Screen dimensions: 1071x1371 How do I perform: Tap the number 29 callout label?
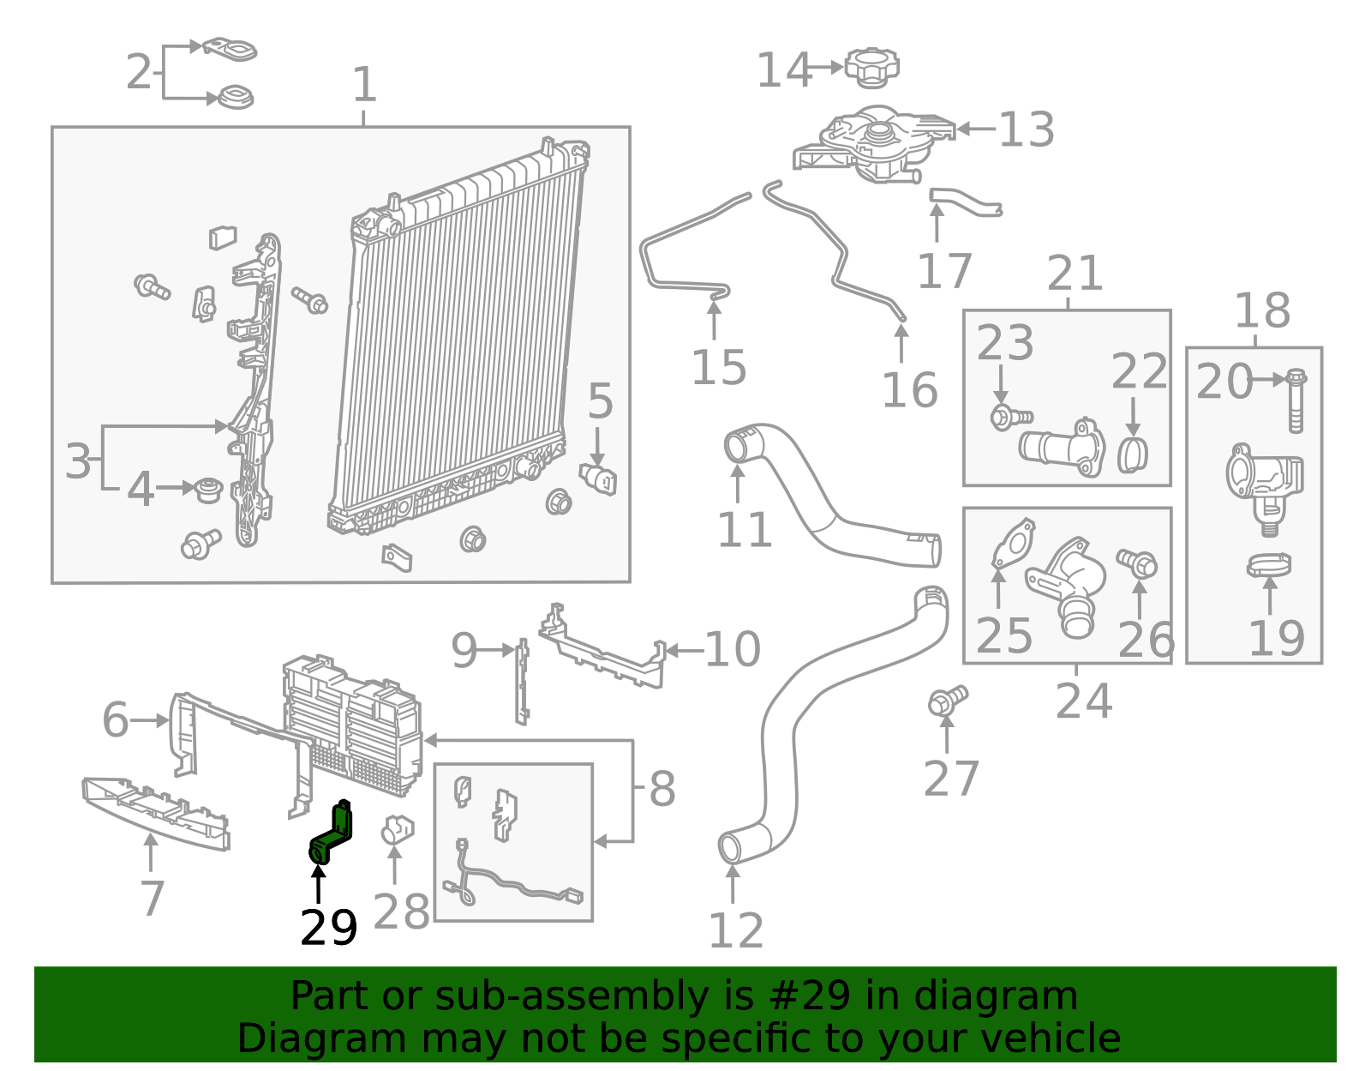click(x=328, y=929)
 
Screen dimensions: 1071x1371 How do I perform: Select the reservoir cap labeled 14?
click(x=872, y=67)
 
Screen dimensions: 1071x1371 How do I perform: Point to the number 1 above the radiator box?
click(x=364, y=86)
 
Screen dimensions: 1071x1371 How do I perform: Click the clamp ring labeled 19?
click(x=1269, y=566)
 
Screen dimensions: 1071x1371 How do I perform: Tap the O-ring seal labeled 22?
click(x=1133, y=454)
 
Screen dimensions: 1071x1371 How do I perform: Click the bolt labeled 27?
click(x=947, y=701)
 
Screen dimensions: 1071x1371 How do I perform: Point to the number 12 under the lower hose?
click(x=735, y=931)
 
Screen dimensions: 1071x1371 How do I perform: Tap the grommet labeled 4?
click(x=208, y=490)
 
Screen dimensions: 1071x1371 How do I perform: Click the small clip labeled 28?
click(x=397, y=828)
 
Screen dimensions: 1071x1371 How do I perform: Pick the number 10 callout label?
click(x=732, y=650)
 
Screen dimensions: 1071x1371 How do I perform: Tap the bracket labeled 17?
click(x=964, y=202)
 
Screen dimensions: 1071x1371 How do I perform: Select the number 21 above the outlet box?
click(x=1075, y=274)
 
